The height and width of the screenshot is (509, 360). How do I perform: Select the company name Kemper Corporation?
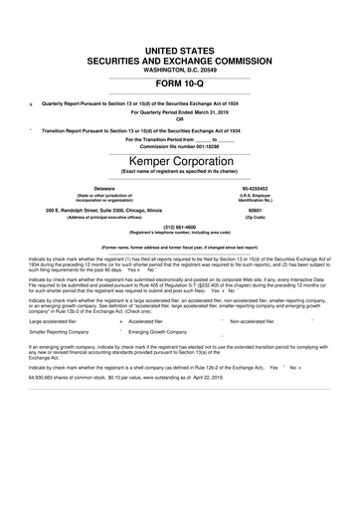(180, 162)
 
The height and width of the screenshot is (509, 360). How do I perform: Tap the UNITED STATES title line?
(180, 50)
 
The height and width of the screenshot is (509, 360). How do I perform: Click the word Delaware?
(103, 187)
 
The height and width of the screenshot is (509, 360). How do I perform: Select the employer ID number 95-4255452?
(254, 187)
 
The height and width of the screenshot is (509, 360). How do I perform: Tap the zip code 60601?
(254, 210)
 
